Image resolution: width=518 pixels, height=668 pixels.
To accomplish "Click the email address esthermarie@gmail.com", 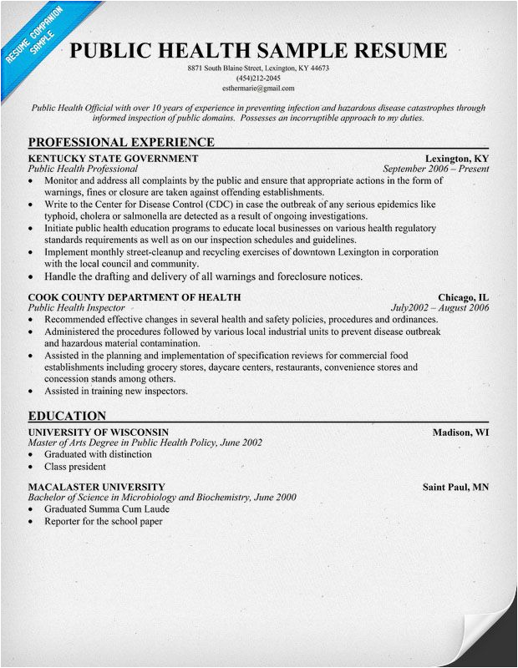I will [x=259, y=88].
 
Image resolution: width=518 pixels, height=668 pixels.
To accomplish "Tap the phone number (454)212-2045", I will [x=259, y=78].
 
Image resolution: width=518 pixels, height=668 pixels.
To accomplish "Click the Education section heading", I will [x=67, y=416].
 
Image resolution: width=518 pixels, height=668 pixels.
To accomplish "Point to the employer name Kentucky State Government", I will [x=113, y=158].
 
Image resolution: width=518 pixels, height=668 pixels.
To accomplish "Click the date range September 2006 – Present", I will [x=435, y=169].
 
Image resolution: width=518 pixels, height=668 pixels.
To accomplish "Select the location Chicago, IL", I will [x=464, y=297].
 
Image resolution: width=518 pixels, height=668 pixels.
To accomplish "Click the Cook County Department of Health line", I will [x=135, y=297].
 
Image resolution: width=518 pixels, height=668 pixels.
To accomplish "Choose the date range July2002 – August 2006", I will [x=440, y=308].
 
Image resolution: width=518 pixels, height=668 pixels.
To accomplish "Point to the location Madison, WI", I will [x=460, y=433].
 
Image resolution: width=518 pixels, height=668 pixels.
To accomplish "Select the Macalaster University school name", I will [x=96, y=487].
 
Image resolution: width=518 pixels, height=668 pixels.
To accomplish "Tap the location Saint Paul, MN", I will [x=455, y=487].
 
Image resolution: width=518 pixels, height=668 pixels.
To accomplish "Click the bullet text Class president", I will [x=75, y=467].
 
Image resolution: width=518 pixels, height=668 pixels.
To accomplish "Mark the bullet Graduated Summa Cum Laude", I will [x=107, y=509].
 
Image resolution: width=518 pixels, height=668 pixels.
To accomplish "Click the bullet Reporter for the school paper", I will [x=104, y=521].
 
